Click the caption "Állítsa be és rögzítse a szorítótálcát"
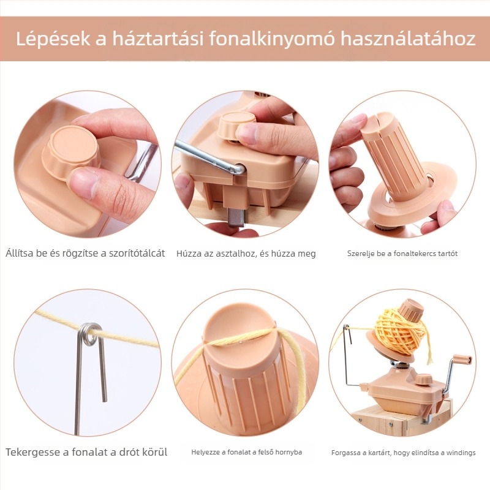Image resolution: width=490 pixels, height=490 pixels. click(85, 253)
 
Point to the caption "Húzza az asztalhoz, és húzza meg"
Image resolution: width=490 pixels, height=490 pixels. click(246, 254)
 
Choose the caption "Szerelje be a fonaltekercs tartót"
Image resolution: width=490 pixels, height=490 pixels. click(402, 254)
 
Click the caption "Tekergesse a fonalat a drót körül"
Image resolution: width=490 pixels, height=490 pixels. click(86, 453)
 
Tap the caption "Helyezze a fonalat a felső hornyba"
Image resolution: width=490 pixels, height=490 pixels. click(246, 453)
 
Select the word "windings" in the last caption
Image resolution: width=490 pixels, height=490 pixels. click(459, 453)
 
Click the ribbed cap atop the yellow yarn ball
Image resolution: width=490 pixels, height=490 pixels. click(411, 311)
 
